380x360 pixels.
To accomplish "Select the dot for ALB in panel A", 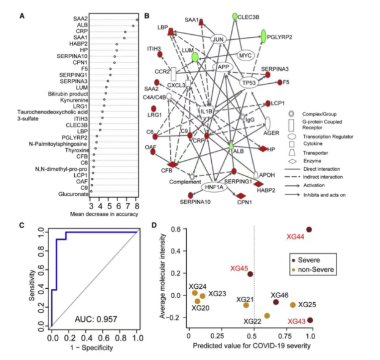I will [133, 25].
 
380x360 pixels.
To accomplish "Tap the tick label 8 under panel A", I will [136, 205].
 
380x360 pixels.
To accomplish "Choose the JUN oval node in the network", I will [217, 39].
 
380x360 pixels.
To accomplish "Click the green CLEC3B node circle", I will [235, 17].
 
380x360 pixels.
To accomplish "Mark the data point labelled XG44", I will [309, 230].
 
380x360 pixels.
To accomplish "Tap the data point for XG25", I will [293, 305].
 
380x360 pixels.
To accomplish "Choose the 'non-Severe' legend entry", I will [314, 269].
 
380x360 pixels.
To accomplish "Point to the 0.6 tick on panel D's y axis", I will [174, 230].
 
